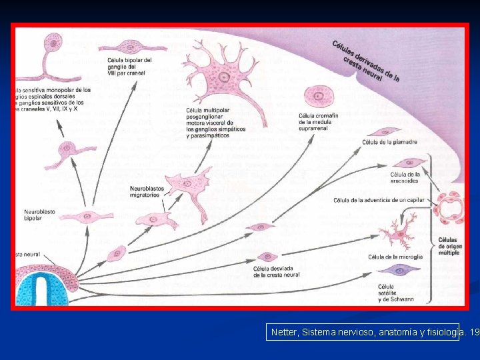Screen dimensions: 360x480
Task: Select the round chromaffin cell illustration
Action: [319, 97]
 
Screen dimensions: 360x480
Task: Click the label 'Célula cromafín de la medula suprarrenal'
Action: [319, 123]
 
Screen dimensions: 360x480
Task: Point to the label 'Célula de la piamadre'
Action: [390, 142]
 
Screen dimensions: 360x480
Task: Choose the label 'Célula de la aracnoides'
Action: [405, 178]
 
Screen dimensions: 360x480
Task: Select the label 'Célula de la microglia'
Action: [395, 257]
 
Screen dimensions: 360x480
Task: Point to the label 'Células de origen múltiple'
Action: [449, 247]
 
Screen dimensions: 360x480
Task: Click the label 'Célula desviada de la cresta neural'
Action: [277, 272]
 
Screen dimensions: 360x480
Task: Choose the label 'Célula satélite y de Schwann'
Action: [396, 293]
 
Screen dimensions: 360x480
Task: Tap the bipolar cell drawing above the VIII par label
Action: [128, 47]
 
